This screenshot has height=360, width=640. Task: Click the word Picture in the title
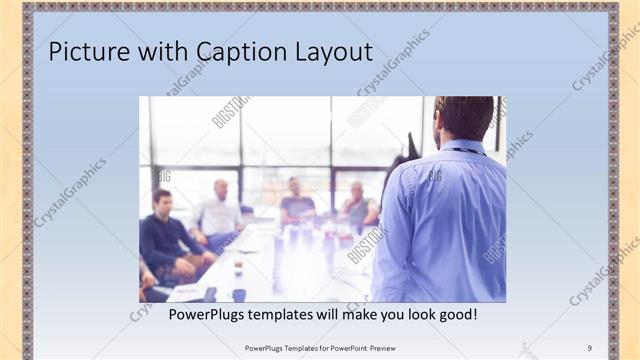[89, 52]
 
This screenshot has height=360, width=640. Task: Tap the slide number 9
[590, 347]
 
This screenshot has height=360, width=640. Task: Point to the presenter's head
[463, 117]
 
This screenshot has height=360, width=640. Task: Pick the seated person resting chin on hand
[358, 204]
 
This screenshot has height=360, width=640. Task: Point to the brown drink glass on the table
[238, 267]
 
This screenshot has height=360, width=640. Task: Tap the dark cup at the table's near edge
[239, 294]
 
